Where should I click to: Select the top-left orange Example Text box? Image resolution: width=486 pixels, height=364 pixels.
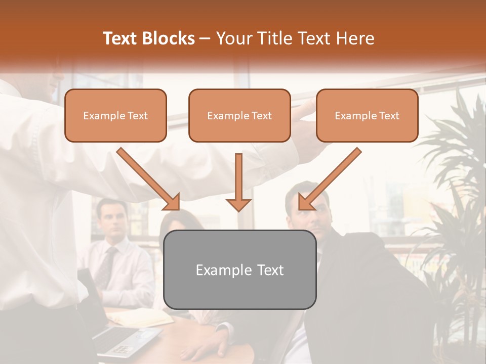115,115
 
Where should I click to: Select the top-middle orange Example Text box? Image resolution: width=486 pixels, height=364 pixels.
239,115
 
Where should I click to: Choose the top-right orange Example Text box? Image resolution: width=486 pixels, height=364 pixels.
367,115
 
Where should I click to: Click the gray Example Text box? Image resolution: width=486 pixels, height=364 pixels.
239,269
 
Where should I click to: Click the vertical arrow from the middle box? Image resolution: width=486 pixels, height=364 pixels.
238,182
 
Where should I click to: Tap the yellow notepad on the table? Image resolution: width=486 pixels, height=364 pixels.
139,317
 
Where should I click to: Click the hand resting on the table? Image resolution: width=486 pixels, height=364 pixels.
213,349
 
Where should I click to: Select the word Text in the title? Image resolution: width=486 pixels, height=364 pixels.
121,38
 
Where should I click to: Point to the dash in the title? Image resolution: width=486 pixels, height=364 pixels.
205,38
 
